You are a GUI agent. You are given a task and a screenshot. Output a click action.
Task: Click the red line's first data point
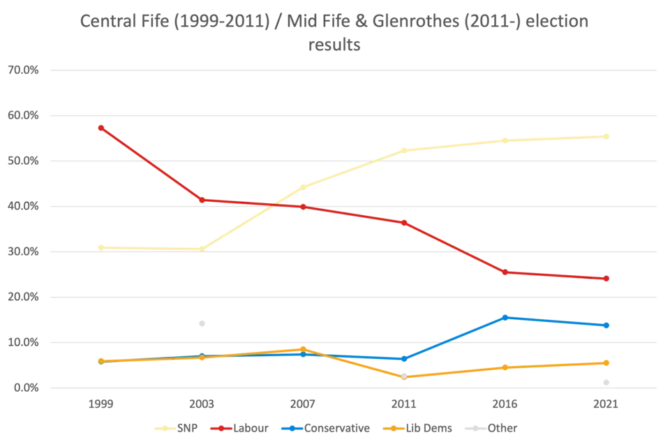point(101,127)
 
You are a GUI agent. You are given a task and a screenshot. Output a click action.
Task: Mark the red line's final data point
point(607,279)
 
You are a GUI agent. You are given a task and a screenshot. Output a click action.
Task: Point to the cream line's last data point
point(607,136)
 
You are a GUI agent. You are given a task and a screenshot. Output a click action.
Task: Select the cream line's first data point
point(101,246)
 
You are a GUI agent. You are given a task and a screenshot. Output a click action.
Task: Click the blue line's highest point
point(506,317)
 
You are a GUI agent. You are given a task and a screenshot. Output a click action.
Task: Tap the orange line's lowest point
point(405,377)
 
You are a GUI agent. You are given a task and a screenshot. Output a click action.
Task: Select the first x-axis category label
point(101,404)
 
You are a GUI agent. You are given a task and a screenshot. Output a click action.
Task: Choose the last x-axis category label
point(607,404)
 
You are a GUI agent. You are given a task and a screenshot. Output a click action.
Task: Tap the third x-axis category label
point(304,404)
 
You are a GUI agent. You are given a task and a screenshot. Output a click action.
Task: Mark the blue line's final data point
point(607,325)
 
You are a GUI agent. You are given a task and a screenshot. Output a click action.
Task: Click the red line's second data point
point(202,200)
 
